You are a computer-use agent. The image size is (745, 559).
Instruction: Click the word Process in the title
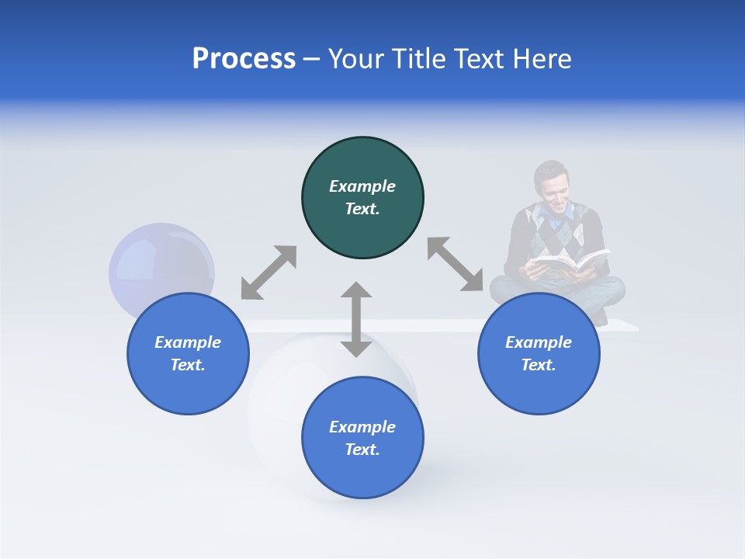point(244,59)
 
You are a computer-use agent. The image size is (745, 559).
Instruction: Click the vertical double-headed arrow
point(356,319)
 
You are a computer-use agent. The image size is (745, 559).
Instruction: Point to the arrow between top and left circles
point(269,273)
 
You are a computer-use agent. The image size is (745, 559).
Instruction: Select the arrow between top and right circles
point(456,264)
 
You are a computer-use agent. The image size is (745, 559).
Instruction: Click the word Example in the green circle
point(362,186)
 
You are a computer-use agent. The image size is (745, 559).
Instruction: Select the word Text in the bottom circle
point(362,450)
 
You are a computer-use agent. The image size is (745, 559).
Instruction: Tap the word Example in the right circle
point(539,342)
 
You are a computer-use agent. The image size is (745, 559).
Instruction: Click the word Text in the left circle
point(188,365)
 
